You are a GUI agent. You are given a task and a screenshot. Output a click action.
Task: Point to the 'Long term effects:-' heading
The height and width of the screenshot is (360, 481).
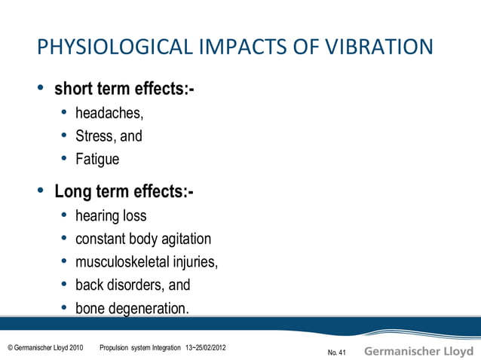[124, 191]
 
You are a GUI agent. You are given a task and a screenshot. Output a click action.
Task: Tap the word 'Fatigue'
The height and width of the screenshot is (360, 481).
[97, 159]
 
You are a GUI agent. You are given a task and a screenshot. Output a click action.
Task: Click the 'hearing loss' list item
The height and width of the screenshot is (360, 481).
[111, 216]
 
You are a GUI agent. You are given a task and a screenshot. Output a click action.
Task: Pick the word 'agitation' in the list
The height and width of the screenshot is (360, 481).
[183, 239]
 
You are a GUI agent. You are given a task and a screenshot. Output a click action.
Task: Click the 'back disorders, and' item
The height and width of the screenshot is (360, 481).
[133, 285]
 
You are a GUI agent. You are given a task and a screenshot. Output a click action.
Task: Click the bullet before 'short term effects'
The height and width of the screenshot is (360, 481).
[41, 90]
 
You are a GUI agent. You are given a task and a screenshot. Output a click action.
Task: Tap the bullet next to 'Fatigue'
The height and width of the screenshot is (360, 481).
[65, 159]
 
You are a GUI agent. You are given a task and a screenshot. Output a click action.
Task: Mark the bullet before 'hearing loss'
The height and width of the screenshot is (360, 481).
[65, 216]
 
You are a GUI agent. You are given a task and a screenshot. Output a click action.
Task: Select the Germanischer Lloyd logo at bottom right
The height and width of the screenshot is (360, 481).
[419, 351]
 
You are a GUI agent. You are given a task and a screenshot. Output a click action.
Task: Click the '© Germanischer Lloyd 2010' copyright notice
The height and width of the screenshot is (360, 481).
[45, 347]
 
